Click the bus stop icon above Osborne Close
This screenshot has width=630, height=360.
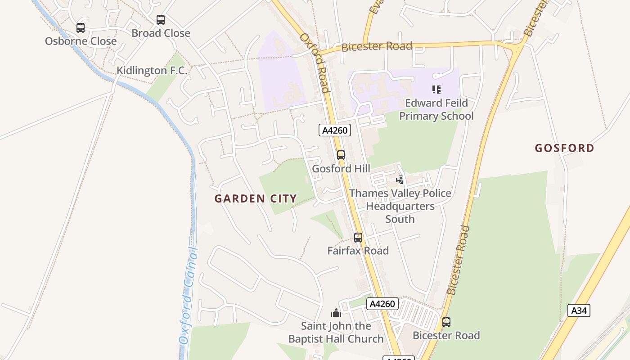[81, 28]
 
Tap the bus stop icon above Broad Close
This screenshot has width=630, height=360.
[161, 20]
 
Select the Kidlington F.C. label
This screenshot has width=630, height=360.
[152, 71]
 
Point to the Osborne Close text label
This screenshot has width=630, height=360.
[81, 41]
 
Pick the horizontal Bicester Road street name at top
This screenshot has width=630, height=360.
[377, 46]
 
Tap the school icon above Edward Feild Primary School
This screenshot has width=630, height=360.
[436, 90]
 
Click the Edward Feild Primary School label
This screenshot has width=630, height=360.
[436, 109]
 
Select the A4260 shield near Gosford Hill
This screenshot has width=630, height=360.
[335, 130]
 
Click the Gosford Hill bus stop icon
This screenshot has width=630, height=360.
[341, 155]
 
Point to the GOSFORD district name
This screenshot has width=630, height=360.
[564, 148]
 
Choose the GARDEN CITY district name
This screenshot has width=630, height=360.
[256, 198]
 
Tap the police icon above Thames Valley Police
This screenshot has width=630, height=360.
[400, 180]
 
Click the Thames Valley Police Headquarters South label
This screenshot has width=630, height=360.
[400, 206]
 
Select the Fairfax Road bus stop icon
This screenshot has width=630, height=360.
[358, 238]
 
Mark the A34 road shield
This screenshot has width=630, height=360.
[578, 310]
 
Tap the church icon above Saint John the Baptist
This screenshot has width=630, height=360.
[336, 313]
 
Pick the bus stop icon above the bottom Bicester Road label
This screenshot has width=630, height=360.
[446, 322]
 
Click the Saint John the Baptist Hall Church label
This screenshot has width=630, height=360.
[336, 333]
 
